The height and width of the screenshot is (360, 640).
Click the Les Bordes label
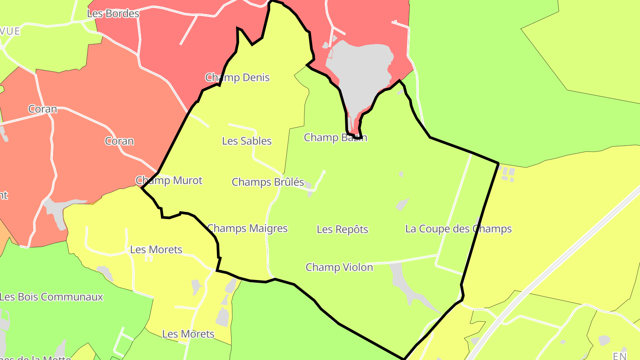tap(113, 14)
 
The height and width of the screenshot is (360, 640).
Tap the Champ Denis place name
tap(237, 78)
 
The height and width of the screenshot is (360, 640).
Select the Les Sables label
tap(247, 141)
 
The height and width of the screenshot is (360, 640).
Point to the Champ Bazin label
tap(335, 137)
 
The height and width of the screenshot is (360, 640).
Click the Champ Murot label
tap(169, 180)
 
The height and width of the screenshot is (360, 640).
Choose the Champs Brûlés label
tap(268, 182)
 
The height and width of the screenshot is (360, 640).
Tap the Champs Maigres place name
tap(248, 228)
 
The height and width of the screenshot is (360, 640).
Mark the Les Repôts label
tap(342, 229)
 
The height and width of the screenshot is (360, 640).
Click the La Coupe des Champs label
tap(458, 229)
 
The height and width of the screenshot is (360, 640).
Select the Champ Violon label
tap(339, 267)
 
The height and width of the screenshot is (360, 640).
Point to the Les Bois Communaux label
tap(52, 297)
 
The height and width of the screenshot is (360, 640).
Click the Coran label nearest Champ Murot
tap(119, 141)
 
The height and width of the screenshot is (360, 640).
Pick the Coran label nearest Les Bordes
tap(43, 109)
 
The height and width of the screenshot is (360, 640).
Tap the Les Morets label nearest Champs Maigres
tap(156, 250)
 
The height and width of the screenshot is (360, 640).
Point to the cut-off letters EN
tap(620, 356)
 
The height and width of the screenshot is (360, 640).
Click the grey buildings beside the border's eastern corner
tap(508, 173)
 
